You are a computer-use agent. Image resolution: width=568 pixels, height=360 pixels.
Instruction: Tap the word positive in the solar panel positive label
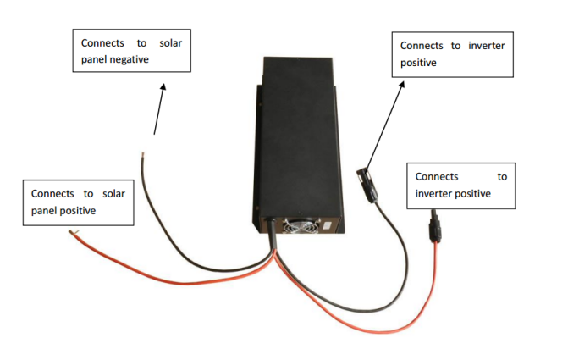tap(78, 211)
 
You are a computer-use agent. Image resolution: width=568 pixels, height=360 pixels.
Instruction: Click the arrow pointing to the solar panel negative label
tap(159, 109)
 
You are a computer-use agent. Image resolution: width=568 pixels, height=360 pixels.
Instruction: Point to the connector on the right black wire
tap(368, 185)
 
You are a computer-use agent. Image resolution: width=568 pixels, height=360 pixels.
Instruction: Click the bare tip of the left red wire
tap(74, 232)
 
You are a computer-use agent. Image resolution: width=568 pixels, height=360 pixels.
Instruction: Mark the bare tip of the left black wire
tap(143, 155)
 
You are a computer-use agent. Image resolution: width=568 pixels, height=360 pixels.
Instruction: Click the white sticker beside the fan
tap(327, 225)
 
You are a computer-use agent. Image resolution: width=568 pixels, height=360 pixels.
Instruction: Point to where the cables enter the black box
tap(269, 221)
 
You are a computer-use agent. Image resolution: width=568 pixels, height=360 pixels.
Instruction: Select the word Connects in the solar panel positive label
tap(52, 194)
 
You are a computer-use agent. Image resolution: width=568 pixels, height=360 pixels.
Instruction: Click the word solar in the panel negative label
tap(171, 43)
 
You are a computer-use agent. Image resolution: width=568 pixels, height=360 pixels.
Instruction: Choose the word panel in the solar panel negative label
tap(94, 59)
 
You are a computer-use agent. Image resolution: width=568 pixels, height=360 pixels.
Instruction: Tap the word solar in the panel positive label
tap(113, 194)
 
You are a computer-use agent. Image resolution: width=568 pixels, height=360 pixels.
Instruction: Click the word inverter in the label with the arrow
tap(487, 46)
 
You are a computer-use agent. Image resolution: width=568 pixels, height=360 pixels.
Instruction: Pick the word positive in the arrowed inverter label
tap(418, 63)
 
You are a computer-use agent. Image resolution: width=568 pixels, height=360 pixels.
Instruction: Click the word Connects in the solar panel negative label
tap(102, 43)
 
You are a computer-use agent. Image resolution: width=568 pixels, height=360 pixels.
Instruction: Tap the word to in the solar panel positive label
tap(88, 194)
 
